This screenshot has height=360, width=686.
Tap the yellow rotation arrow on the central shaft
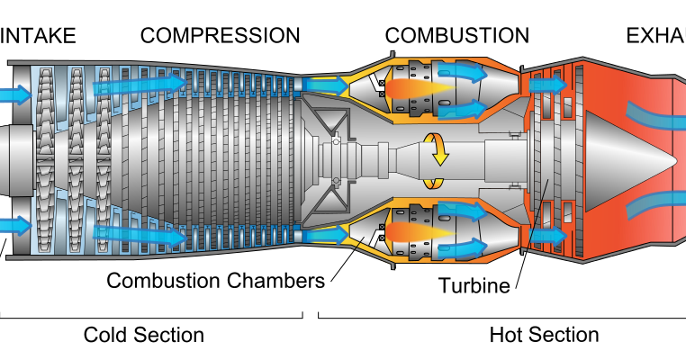point(437,148)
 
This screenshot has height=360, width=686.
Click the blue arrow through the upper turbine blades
point(547,85)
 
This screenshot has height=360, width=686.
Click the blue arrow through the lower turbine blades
point(547,237)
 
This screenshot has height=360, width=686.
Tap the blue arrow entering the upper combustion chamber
point(324,85)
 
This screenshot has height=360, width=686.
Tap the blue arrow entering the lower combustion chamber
point(324,236)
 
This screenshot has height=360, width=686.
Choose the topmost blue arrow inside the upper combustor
point(463,72)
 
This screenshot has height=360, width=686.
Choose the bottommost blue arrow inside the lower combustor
point(463,248)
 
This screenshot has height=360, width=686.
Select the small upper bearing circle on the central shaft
point(336,141)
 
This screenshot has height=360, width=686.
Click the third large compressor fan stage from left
point(104,160)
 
